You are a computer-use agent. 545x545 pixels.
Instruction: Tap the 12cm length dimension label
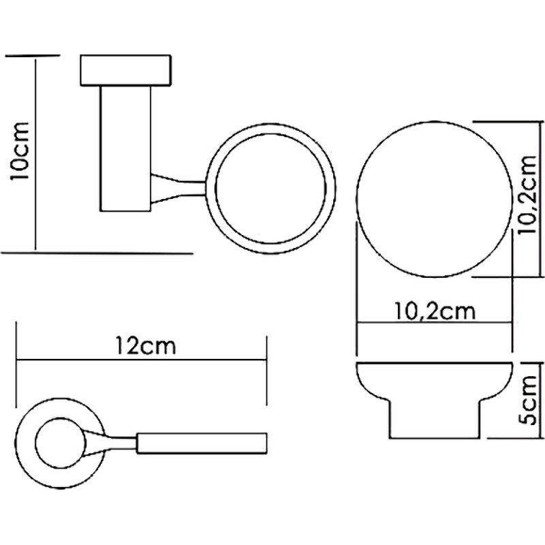(145, 346)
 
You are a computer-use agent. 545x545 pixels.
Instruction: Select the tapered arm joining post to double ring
(178, 189)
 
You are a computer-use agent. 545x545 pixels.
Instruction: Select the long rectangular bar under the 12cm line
(202, 443)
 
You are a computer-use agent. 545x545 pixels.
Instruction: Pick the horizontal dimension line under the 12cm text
(142, 359)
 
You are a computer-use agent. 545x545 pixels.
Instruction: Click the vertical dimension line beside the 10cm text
(33, 153)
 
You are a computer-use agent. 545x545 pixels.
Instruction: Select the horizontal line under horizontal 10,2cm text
(434, 324)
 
